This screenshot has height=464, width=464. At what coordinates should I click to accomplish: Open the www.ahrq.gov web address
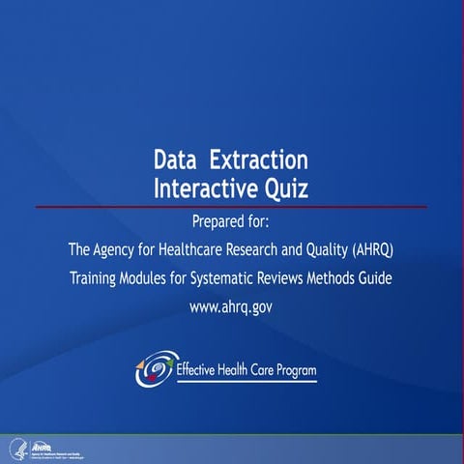point(232,308)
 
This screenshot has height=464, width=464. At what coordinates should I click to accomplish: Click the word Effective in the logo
point(198,370)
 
